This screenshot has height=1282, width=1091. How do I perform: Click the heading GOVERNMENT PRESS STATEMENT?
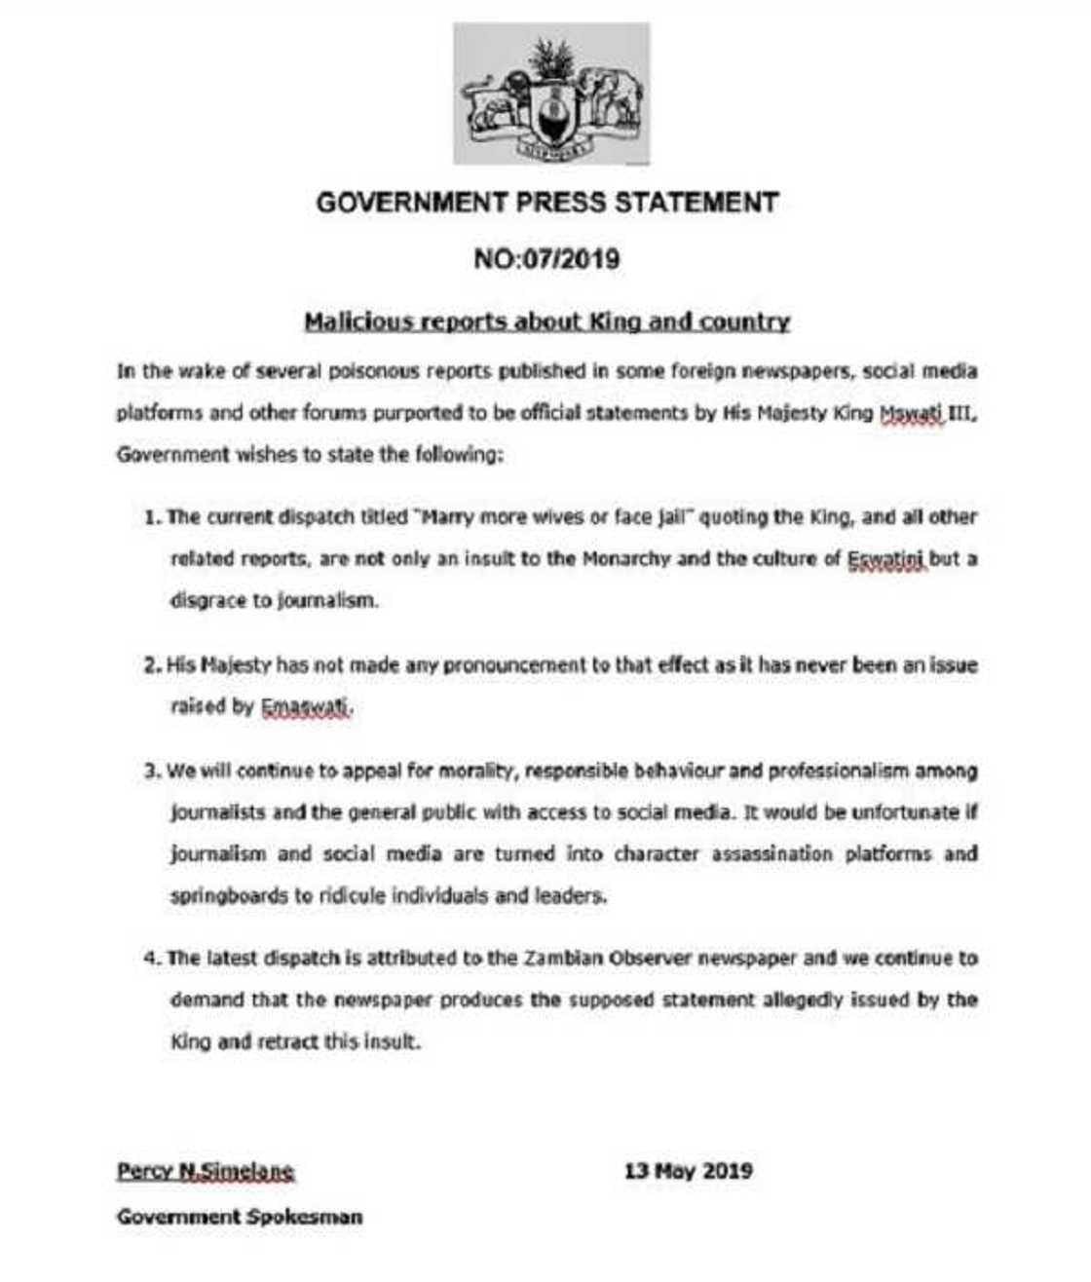547,203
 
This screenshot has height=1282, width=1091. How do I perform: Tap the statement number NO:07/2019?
546,259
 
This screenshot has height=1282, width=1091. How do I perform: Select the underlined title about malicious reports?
546,321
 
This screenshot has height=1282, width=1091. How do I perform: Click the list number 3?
152,772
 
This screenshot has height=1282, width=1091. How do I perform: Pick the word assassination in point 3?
771,854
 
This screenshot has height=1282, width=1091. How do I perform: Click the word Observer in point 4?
652,959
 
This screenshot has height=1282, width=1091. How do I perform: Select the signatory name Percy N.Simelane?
206,1171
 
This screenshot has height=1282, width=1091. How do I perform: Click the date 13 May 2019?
688,1171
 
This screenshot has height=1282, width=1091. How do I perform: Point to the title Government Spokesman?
240,1217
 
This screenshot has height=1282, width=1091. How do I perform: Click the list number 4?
152,959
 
